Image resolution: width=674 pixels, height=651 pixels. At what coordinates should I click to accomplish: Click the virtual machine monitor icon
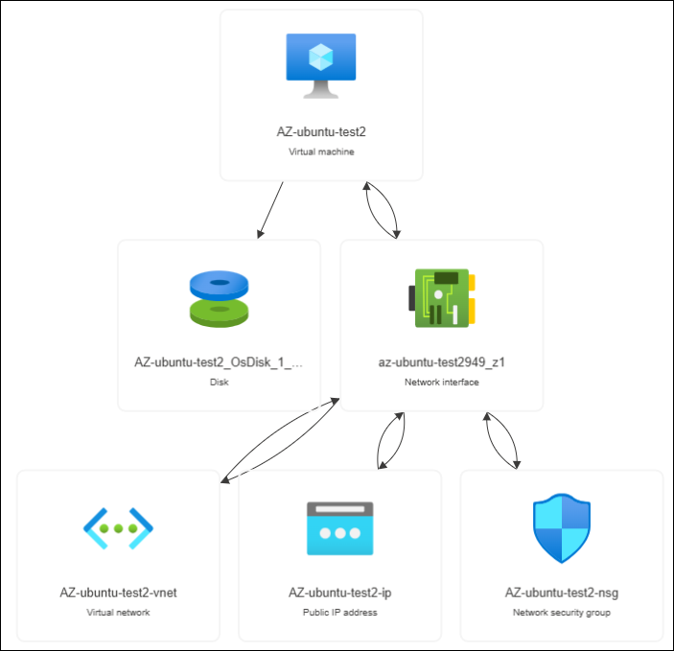click(320, 65)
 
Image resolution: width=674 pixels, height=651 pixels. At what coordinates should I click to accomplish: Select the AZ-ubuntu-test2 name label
click(321, 132)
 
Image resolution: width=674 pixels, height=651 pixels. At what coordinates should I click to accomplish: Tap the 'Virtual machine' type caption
click(321, 151)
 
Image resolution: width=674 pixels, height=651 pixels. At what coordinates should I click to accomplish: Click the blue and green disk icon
click(219, 297)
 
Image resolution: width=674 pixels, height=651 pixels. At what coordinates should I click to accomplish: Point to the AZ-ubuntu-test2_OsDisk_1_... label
click(219, 362)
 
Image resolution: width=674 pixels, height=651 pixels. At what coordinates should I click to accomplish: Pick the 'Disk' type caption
click(219, 382)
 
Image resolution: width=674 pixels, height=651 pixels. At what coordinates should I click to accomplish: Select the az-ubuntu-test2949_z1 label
click(442, 362)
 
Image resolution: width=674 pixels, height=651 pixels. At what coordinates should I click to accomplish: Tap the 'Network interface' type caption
click(442, 382)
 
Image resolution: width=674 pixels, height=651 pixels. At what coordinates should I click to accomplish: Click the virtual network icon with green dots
click(119, 527)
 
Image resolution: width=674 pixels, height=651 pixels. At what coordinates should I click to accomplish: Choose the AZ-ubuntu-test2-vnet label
click(119, 593)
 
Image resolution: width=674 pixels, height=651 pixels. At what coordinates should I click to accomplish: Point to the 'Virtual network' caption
click(119, 612)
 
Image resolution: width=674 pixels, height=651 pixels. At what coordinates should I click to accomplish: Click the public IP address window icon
click(340, 527)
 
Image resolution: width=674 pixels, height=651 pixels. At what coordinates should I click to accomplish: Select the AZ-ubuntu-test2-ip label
click(340, 593)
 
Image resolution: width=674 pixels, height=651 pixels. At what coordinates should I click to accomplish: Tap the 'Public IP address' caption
click(340, 612)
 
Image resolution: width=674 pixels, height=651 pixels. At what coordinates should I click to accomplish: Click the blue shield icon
click(562, 527)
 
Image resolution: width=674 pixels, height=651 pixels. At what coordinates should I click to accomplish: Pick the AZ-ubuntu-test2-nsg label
click(562, 593)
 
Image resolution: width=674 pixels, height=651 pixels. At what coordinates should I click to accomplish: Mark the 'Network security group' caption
click(562, 612)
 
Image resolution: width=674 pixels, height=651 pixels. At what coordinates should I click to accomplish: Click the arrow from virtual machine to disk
click(270, 210)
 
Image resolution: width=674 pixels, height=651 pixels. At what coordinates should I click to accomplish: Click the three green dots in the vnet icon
click(119, 528)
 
